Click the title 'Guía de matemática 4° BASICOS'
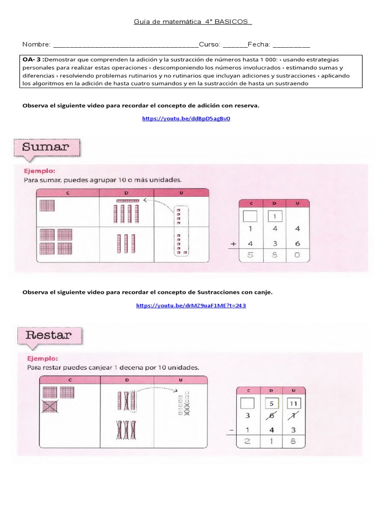point(193,22)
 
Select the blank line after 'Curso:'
point(234,45)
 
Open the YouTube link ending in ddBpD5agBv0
point(186,119)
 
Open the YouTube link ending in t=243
point(191,305)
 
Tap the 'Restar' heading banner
point(48,335)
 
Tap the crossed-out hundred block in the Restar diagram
point(50,407)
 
